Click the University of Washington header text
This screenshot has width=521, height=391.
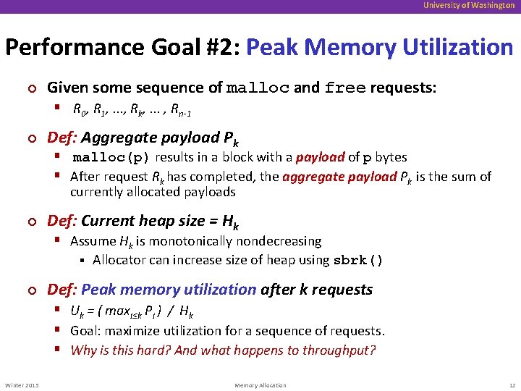[x=470, y=6]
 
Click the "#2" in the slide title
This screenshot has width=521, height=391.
[x=222, y=48]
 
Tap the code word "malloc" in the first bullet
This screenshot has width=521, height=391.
[x=258, y=88]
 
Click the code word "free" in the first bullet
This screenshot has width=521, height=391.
[x=345, y=88]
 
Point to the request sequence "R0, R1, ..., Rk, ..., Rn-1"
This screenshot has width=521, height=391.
[x=131, y=111]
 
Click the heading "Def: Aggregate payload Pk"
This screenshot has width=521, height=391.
[x=143, y=138]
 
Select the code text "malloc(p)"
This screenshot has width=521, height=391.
[x=111, y=157]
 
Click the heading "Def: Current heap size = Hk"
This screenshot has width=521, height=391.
[x=143, y=222]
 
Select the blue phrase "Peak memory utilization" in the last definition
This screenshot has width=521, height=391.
[x=169, y=290]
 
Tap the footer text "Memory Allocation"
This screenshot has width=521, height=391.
[x=260, y=385]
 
